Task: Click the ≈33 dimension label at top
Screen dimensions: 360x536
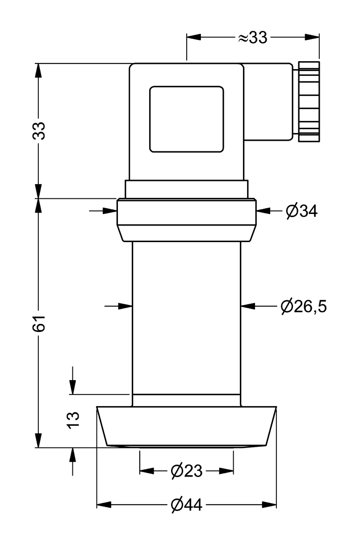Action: [x=252, y=38]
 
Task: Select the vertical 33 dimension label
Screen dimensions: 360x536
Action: [x=39, y=130]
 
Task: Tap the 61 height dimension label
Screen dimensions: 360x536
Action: [x=39, y=323]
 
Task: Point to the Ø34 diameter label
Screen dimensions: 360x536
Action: [x=301, y=211]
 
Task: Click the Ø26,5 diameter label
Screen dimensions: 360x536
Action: [x=304, y=306]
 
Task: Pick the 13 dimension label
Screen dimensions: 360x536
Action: [x=73, y=420]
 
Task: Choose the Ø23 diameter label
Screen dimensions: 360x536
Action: [x=187, y=471]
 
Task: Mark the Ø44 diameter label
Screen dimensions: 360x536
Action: [x=187, y=505]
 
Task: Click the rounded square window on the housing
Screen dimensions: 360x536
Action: [x=187, y=119]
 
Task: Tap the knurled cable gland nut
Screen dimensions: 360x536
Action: [x=309, y=102]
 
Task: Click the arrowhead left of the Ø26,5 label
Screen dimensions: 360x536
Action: [x=248, y=306]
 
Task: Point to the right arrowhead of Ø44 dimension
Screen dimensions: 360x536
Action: [x=269, y=505]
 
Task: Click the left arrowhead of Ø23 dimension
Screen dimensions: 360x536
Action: [x=147, y=471]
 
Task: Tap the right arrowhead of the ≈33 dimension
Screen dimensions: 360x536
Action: [x=312, y=37]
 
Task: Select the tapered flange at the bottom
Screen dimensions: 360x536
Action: [x=187, y=427]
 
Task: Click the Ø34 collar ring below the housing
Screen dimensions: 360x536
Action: [x=187, y=220]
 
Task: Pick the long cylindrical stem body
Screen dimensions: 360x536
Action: [x=187, y=324]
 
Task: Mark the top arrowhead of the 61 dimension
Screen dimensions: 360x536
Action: [x=38, y=206]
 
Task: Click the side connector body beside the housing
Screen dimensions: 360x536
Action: [x=268, y=102]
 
